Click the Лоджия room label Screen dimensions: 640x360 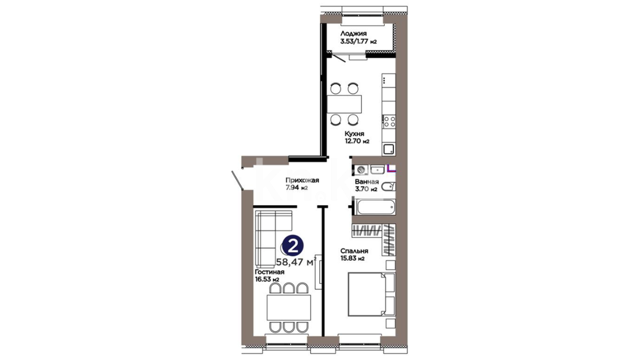[353, 33]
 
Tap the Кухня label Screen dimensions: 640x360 [354, 134]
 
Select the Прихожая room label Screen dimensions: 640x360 [302, 180]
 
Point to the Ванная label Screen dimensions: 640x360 [367, 182]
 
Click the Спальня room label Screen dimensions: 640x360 [354, 251]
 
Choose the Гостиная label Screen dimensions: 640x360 [270, 272]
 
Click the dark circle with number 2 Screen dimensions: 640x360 [293, 246]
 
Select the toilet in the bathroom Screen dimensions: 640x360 [388, 187]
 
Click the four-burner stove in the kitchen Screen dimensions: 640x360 [389, 121]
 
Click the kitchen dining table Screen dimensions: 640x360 [344, 104]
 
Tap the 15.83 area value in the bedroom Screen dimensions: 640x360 [348, 258]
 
